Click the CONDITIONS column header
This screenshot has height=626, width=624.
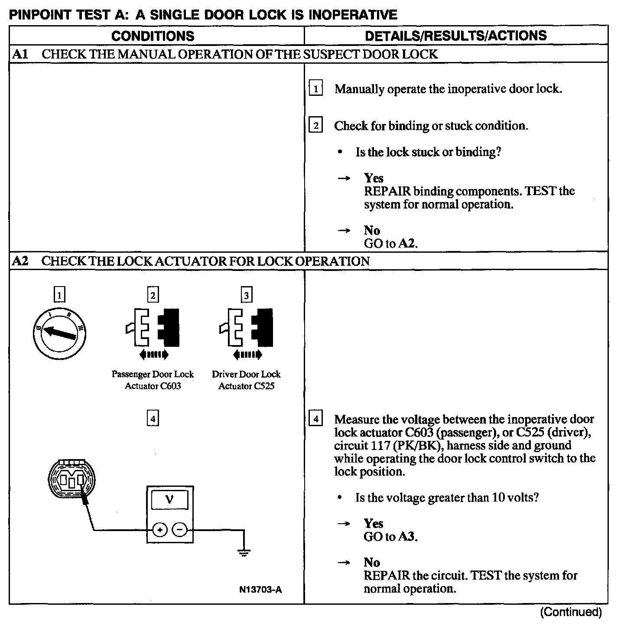pyautogui.click(x=153, y=36)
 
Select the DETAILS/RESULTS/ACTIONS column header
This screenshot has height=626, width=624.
pyautogui.click(x=456, y=36)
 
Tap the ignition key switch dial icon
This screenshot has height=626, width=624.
pyautogui.click(x=59, y=333)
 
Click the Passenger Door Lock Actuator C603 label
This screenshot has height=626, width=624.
pyautogui.click(x=153, y=380)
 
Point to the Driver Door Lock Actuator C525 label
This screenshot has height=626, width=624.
pyautogui.click(x=246, y=380)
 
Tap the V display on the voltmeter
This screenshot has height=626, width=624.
pyautogui.click(x=169, y=500)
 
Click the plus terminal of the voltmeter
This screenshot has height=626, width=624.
pyautogui.click(x=160, y=530)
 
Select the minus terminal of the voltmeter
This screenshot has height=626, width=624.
pyautogui.click(x=180, y=530)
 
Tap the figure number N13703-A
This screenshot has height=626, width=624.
pyautogui.click(x=260, y=590)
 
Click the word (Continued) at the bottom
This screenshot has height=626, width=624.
pyautogui.click(x=571, y=612)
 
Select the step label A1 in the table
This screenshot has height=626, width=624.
pyautogui.click(x=20, y=54)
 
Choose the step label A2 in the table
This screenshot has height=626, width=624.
pyautogui.click(x=20, y=261)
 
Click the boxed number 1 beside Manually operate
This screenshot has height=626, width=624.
pyautogui.click(x=315, y=89)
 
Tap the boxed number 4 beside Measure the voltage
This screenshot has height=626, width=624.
pyautogui.click(x=315, y=419)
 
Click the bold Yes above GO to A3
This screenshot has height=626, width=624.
pyautogui.click(x=373, y=523)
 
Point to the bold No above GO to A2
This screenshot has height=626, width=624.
pyautogui.click(x=372, y=230)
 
